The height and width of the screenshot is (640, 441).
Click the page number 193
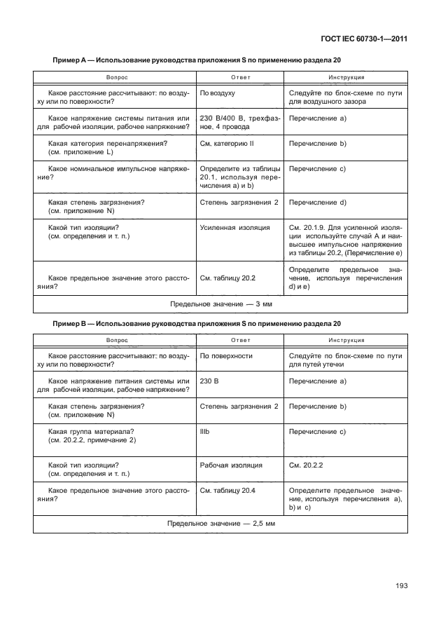(x=399, y=587)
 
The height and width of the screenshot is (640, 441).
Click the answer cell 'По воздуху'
(x=217, y=93)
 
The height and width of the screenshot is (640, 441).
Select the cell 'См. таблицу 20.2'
(x=227, y=278)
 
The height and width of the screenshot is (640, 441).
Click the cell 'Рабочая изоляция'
(x=231, y=465)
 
